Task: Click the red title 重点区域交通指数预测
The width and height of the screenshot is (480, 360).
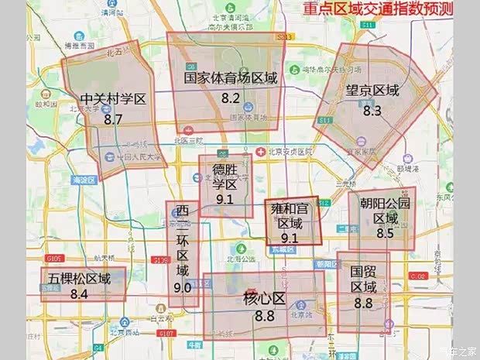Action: pyautogui.click(x=378, y=11)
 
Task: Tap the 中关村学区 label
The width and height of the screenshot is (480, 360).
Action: pyautogui.click(x=113, y=100)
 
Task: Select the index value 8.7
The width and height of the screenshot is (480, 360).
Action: pyautogui.click(x=113, y=120)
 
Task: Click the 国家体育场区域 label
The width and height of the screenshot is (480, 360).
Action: pyautogui.click(x=231, y=78)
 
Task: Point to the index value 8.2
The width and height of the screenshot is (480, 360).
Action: pyautogui.click(x=231, y=98)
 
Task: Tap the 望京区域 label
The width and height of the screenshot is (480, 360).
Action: pyautogui.click(x=372, y=91)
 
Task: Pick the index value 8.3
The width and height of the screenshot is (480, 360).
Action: pyautogui.click(x=372, y=111)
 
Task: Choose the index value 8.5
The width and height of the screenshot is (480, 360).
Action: pyautogui.click(x=385, y=232)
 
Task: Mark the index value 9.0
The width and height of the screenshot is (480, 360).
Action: pyautogui.click(x=183, y=288)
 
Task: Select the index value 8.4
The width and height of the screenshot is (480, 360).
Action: pyautogui.click(x=78, y=294)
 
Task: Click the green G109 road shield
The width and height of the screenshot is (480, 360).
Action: pyautogui.click(x=53, y=257)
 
